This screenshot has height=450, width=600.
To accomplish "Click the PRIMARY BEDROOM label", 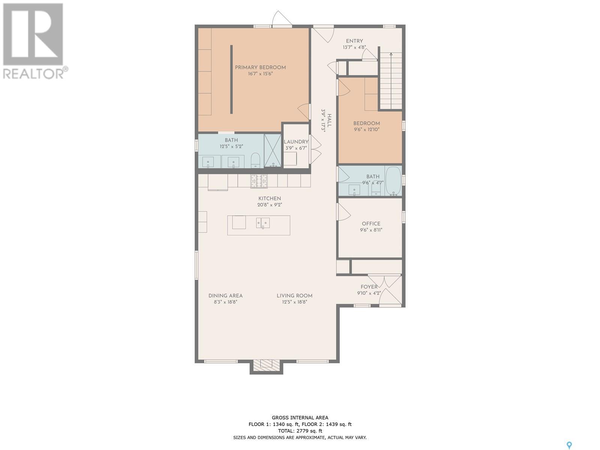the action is point(260,67).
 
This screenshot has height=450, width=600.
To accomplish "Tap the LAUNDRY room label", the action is point(296,142).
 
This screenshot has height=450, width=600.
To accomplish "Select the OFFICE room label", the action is point(371,223).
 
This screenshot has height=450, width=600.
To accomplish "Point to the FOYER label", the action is point(369,287).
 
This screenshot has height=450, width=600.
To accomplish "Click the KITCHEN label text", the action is point(270,198).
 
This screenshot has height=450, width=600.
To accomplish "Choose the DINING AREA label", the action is point(225,295).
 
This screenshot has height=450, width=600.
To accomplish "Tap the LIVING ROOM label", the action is point(294,295).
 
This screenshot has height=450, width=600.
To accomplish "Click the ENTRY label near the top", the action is point(354,41).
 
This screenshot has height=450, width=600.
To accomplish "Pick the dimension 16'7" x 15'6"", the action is point(260,74).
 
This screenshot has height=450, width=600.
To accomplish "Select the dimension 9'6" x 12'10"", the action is point(366,129).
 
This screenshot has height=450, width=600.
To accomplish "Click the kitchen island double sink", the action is point(263,223).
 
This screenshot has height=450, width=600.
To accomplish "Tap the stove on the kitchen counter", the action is point(259,181).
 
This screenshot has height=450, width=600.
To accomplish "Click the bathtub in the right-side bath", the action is point(393,181).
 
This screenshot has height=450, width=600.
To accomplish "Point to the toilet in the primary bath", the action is point(256,160).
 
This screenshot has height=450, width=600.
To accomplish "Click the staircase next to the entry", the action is point(391,81).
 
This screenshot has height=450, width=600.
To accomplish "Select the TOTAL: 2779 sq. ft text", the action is point(300,431).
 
